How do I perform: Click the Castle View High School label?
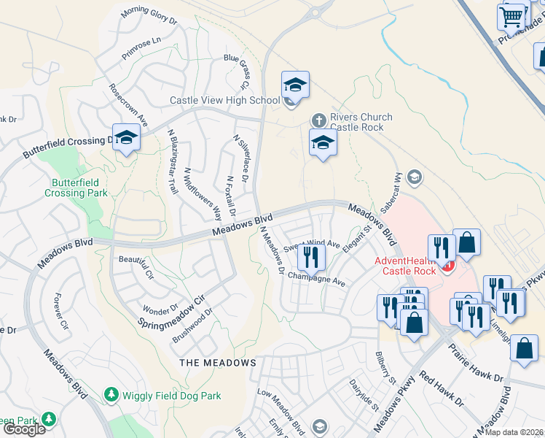(x=224, y=100)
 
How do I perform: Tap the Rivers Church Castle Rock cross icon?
(x=318, y=120)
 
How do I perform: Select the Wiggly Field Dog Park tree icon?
(x=111, y=395)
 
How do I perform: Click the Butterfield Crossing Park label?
(x=76, y=188)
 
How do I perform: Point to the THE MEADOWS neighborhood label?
(x=218, y=362)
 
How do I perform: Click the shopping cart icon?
(x=511, y=15)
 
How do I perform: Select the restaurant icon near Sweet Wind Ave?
(x=310, y=256)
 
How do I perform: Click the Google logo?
(x=24, y=429)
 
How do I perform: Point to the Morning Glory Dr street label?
(x=149, y=15)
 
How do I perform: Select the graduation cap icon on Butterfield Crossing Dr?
(x=127, y=138)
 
